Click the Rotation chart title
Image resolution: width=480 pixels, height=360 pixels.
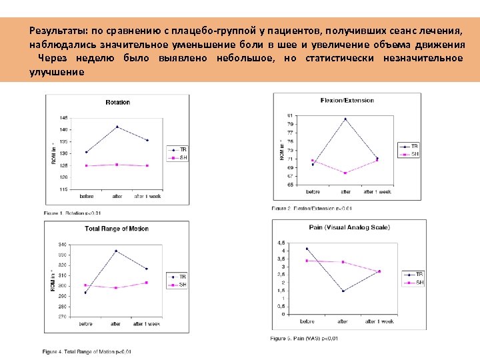(x=117, y=102)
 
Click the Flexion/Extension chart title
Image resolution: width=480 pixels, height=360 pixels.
(x=347, y=101)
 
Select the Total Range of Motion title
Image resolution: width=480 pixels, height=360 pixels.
(x=117, y=229)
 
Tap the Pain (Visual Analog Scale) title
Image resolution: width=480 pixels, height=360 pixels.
(x=349, y=227)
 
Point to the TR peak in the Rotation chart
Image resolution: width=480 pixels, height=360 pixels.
(x=117, y=127)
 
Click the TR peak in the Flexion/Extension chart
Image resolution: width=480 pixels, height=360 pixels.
(x=345, y=119)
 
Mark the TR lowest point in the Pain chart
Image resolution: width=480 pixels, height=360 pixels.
(x=343, y=291)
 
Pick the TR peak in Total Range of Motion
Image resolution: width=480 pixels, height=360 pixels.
(x=116, y=251)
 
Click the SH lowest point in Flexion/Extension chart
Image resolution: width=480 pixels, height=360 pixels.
(x=345, y=173)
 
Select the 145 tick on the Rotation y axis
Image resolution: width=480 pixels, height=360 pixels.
(x=63, y=117)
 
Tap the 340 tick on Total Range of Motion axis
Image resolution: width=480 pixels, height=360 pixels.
(x=62, y=244)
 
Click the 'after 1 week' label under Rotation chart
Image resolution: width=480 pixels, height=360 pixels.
(x=147, y=196)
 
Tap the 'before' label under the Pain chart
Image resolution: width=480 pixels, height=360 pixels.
(x=307, y=321)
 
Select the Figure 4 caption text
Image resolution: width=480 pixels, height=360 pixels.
(x=87, y=351)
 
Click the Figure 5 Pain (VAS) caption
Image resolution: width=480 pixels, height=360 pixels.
(x=304, y=339)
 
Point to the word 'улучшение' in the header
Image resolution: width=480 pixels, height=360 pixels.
(x=57, y=71)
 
